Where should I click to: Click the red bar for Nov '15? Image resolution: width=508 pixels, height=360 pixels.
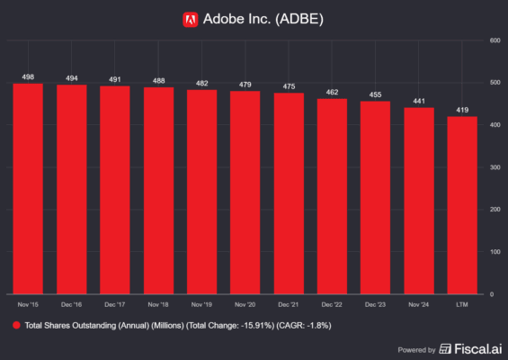coord(29,189)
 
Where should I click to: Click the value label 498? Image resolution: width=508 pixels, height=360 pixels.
coord(29,76)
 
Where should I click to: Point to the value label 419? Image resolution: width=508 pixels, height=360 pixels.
coord(462,110)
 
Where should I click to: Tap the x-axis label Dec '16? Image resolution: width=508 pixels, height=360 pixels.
coord(72,304)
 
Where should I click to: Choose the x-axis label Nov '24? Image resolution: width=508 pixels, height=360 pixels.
coord(419,304)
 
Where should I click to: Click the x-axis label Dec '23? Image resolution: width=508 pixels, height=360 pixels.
coord(376,304)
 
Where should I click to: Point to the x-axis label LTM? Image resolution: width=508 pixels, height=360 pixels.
coord(462,304)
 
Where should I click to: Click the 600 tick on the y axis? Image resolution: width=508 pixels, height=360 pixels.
coord(495,40)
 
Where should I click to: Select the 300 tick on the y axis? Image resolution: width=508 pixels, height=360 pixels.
coord(495,167)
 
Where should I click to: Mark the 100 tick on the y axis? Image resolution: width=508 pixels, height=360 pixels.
coord(495,252)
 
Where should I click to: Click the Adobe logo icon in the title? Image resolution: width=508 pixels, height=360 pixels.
coord(190,18)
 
